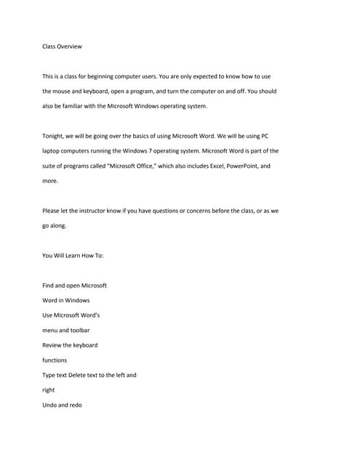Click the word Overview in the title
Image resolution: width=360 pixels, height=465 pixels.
pos(70,46)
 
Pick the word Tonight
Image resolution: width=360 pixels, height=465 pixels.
pos(55,136)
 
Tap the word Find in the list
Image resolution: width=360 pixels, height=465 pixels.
pos(49,286)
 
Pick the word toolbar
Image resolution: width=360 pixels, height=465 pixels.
pos(78,330)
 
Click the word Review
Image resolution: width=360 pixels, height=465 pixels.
pos(53,345)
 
